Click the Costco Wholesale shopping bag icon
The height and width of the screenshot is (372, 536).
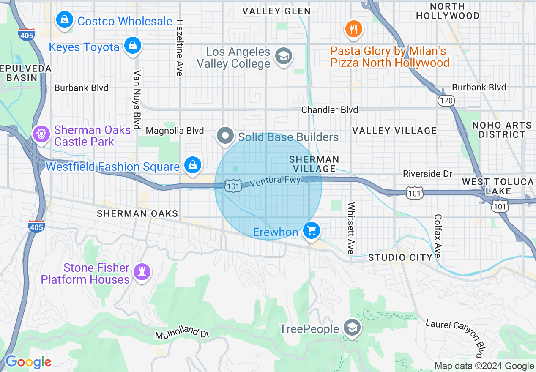click(64, 20)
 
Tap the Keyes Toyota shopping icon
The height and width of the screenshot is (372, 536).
click(133, 46)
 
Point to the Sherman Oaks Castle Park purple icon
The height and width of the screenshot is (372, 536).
click(41, 135)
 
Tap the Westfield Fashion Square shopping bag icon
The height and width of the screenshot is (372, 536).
click(193, 165)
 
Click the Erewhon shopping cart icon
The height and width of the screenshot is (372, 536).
click(312, 231)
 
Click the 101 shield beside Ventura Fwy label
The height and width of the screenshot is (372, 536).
click(233, 187)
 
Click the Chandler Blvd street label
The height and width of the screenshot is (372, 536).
click(330, 110)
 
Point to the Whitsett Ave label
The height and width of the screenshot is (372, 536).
click(351, 228)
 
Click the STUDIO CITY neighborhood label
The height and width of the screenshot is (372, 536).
click(400, 257)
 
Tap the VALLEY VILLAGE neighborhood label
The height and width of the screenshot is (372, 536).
click(394, 131)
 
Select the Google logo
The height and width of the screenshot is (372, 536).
click(28, 362)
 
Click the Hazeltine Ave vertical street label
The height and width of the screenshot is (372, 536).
click(180, 48)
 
